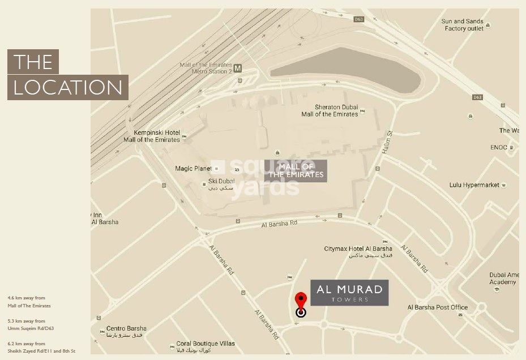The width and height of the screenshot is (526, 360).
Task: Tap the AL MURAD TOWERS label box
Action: (x=349, y=293)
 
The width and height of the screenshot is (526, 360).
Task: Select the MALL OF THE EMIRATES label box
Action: (x=296, y=170)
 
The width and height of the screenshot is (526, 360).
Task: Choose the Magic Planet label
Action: (x=193, y=169)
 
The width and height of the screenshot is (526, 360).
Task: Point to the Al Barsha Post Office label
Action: (x=438, y=307)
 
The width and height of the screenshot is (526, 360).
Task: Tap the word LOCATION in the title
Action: (x=68, y=88)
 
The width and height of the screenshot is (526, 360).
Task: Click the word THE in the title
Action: (x=33, y=62)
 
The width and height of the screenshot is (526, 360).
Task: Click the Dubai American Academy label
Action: (x=503, y=278)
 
